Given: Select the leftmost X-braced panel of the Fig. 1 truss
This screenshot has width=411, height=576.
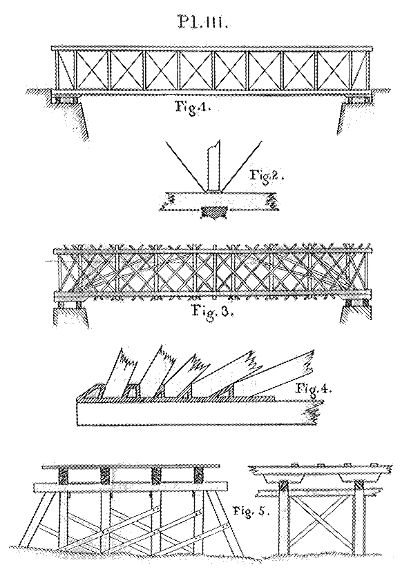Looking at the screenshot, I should click(x=92, y=70).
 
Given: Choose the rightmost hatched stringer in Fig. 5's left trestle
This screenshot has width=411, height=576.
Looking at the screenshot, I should click(x=198, y=477).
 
